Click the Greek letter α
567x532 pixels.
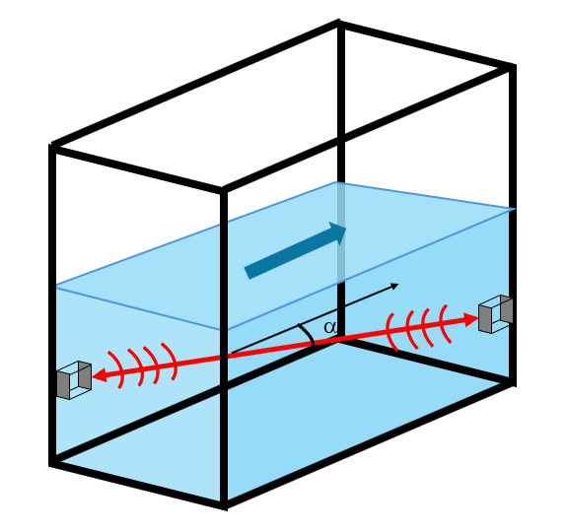point(330,328)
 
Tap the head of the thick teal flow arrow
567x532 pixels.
point(338,233)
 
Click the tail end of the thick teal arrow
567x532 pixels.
point(248,273)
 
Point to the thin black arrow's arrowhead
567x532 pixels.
point(394,286)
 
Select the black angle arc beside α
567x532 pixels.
point(308,334)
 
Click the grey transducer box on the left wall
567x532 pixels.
point(74,380)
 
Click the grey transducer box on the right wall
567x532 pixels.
point(495,314)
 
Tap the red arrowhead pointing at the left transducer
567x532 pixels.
point(100,375)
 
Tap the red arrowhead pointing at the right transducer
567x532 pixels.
point(471,319)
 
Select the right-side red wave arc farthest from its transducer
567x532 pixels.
point(390,332)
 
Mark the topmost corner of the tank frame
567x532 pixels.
point(339,23)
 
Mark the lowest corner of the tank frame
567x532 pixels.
point(224,505)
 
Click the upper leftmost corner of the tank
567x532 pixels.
point(52,146)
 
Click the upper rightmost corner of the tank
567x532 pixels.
point(513,67)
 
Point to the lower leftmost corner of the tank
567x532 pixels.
point(53,462)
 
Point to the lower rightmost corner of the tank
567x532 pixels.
point(512,382)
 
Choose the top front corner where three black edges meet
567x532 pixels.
point(224,190)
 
